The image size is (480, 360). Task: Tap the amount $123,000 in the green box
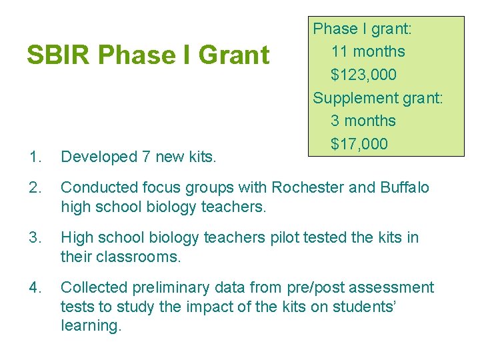point(363,75)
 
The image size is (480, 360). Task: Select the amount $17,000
point(359,144)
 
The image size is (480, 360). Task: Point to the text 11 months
point(367,51)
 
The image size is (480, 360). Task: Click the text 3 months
point(363,121)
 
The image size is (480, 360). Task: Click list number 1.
point(35,157)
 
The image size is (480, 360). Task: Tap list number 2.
point(35,188)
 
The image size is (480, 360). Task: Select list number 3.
point(35,238)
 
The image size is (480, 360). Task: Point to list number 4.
point(35,287)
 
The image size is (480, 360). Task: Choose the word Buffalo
point(405,188)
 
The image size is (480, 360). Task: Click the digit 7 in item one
point(146,157)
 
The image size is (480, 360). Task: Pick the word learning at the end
point(90,326)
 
